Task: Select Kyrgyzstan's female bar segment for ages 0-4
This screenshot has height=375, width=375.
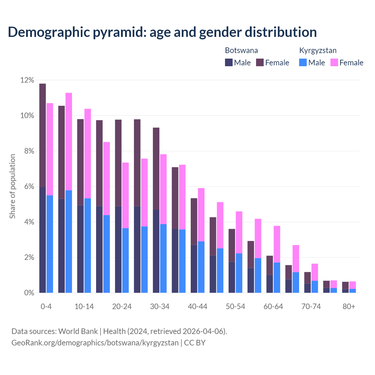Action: point(50,149)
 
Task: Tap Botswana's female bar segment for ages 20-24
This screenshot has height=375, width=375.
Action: point(118,163)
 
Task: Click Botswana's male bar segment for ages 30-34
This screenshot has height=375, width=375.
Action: point(156,251)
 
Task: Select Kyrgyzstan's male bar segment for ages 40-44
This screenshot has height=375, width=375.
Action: point(201,267)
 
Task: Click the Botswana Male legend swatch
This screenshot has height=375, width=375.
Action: point(229,62)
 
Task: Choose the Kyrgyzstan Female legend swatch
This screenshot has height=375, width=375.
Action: point(334,62)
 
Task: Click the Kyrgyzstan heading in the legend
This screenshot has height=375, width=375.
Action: point(318,50)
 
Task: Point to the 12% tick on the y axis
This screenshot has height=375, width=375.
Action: point(27,80)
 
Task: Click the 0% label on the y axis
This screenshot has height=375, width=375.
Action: point(29,293)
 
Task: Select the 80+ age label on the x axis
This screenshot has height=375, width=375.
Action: point(349,306)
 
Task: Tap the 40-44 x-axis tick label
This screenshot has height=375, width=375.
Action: point(197,306)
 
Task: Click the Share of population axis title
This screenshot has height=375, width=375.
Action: point(12,186)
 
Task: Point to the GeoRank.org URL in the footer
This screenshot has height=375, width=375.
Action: point(95,343)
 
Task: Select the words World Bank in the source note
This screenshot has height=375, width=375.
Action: point(78,331)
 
